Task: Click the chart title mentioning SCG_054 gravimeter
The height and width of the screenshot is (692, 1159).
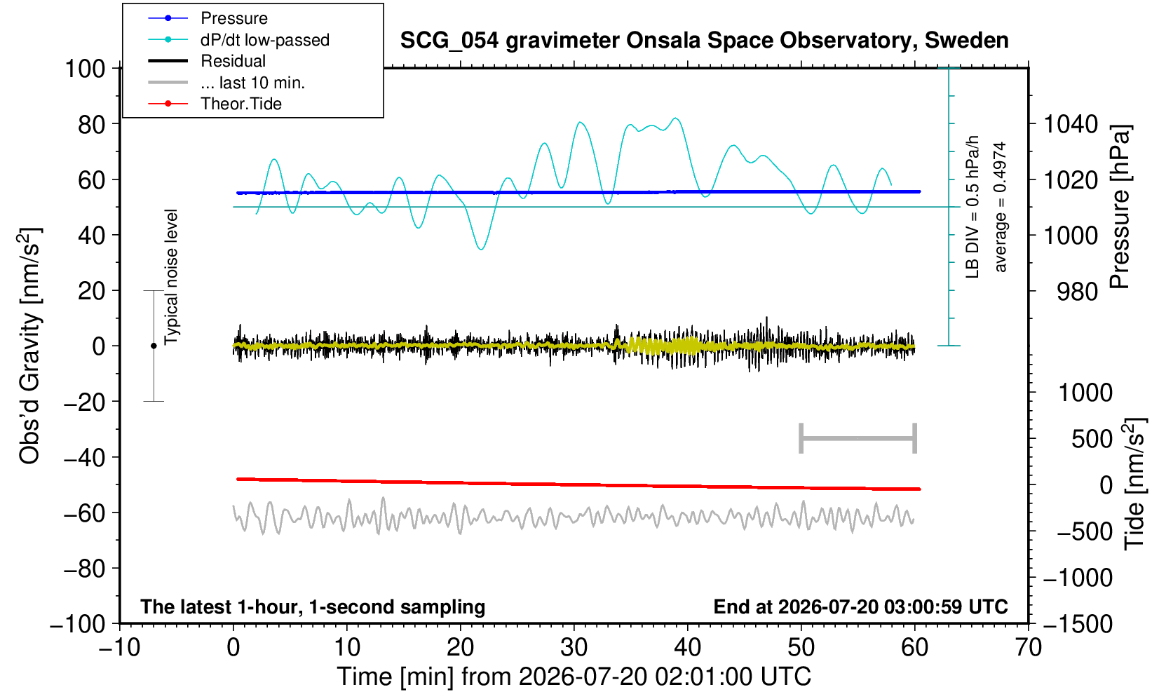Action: (704, 41)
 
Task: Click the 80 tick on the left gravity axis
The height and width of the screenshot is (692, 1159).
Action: (92, 125)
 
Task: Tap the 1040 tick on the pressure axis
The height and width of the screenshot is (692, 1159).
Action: (1071, 124)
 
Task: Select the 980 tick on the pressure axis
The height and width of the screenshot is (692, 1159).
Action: (1077, 292)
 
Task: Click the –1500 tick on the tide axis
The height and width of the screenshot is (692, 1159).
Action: (1078, 624)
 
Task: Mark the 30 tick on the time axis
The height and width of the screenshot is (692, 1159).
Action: (574, 648)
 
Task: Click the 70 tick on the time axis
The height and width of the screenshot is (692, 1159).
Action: (1028, 648)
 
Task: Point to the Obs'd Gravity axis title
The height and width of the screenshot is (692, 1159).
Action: (29, 346)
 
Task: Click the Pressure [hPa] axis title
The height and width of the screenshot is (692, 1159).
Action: (1120, 207)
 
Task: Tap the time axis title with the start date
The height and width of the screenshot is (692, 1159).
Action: (574, 677)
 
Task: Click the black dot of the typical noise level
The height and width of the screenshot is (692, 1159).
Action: (154, 346)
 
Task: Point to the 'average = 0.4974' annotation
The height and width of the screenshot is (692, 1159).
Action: (1000, 207)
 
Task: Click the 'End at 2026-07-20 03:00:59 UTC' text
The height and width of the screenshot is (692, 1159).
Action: (860, 606)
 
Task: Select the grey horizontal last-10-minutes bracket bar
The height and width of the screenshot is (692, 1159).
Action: (858, 438)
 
